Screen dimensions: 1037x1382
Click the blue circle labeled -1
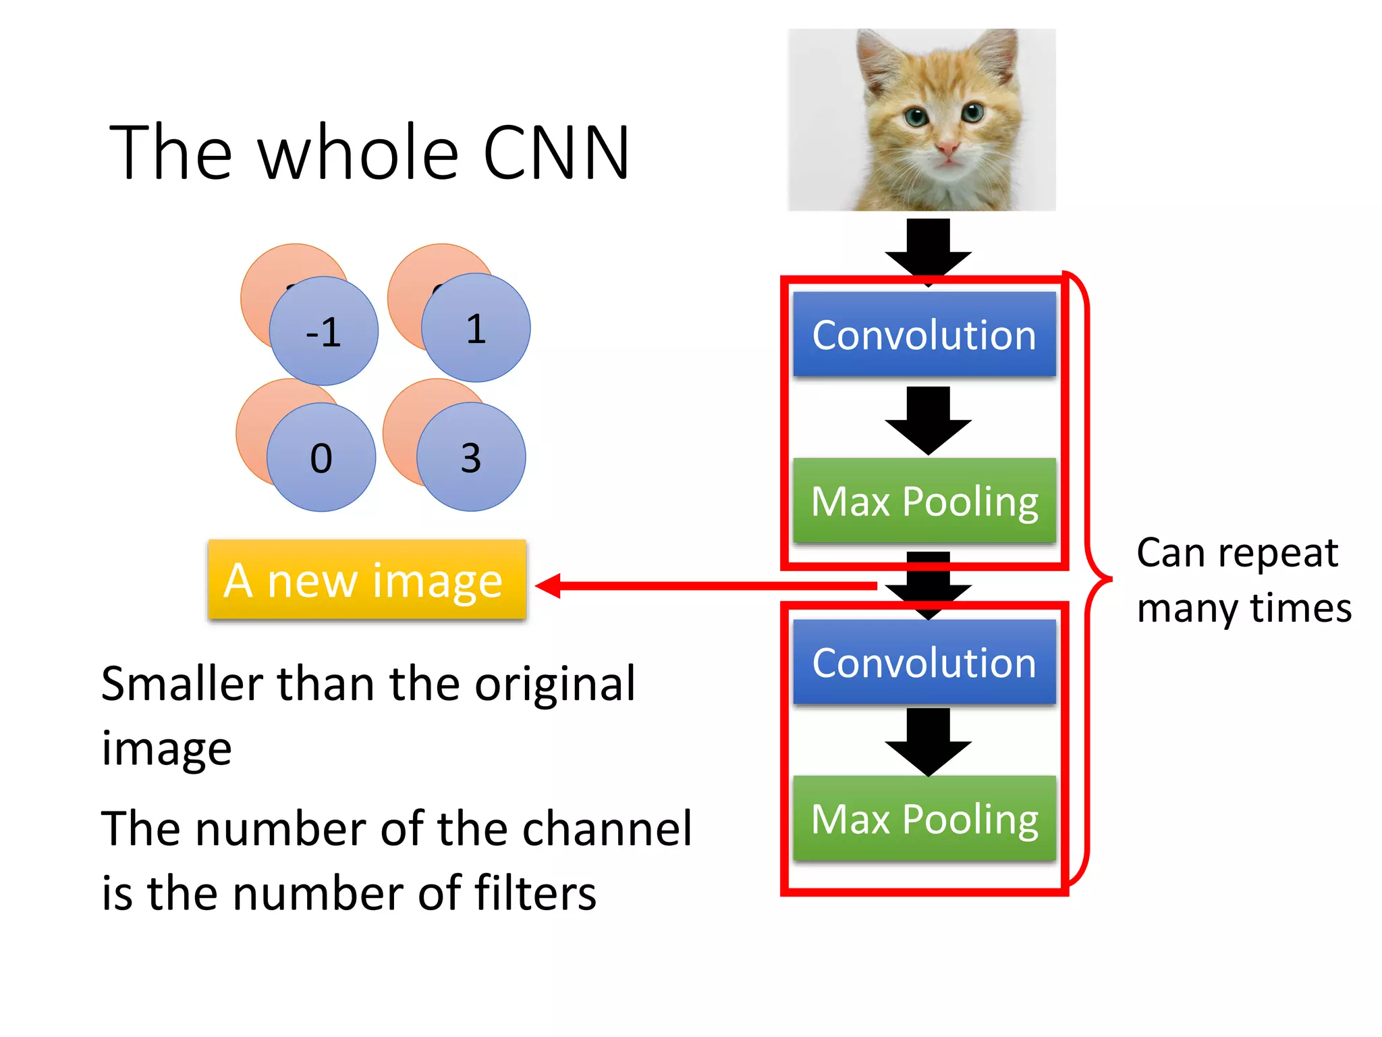pyautogui.click(x=323, y=331)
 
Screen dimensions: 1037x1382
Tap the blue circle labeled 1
pyautogui.click(x=476, y=327)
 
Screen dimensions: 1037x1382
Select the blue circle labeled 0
pyautogui.click(x=321, y=457)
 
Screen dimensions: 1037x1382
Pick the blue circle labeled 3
pyautogui.click(x=471, y=457)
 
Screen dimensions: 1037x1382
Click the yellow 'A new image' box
pyautogui.click(x=366, y=580)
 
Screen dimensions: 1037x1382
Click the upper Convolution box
pyautogui.click(x=924, y=334)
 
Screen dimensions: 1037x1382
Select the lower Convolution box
pyautogui.click(x=924, y=662)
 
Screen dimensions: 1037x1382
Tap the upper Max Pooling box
pyautogui.click(x=924, y=501)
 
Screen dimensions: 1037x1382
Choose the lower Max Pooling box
pyautogui.click(x=924, y=819)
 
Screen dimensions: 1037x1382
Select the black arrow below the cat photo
pyautogui.click(x=928, y=246)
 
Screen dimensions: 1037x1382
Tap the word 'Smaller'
pyautogui.click(x=182, y=684)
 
